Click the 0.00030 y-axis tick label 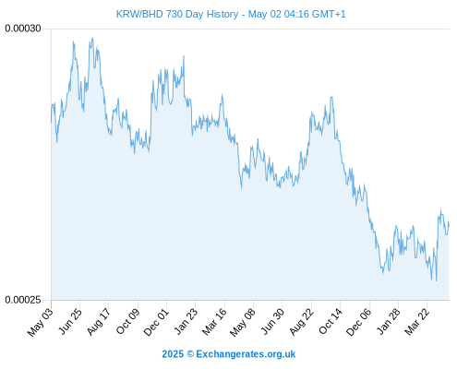pyautogui.click(x=23, y=29)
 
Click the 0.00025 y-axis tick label pyautogui.click(x=23, y=300)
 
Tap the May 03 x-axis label pyautogui.click(x=41, y=322)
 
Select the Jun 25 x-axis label pyautogui.click(x=69, y=321)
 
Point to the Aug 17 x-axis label pyautogui.click(x=99, y=322)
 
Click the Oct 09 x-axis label pyautogui.click(x=127, y=322)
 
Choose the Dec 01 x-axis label pyautogui.click(x=156, y=322)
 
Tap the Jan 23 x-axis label pyautogui.click(x=186, y=322)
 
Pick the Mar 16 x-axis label pyautogui.click(x=214, y=322)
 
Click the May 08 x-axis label pyautogui.click(x=243, y=322)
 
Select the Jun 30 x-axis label pyautogui.click(x=272, y=321)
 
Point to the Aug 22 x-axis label pyautogui.click(x=301, y=322)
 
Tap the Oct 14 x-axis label pyautogui.click(x=331, y=321)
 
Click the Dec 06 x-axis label pyautogui.click(x=359, y=322)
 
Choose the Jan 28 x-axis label pyautogui.click(x=389, y=321)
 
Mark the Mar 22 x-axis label pyautogui.click(x=417, y=322)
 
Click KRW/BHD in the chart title pyautogui.click(x=139, y=14)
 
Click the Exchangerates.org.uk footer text pyautogui.click(x=246, y=354)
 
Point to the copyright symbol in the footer pyautogui.click(x=190, y=354)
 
